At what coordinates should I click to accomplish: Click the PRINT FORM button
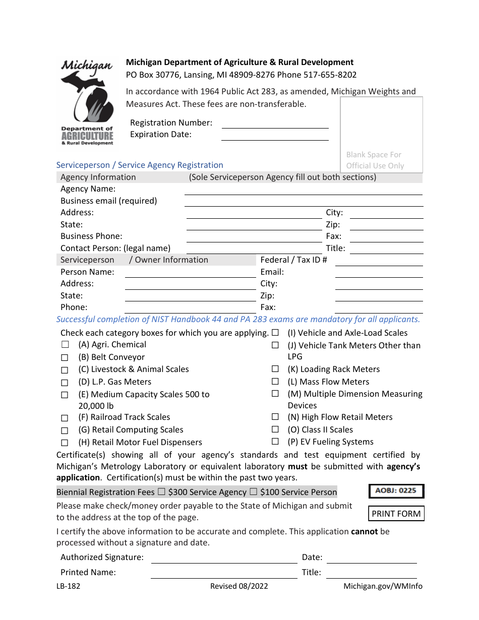[396, 514]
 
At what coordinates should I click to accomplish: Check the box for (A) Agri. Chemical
[65, 345]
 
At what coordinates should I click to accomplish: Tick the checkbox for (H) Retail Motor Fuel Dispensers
[65, 443]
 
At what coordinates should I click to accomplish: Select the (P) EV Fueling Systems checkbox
[275, 442]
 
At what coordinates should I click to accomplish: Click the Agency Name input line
[303, 190]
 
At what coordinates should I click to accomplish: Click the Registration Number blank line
[275, 123]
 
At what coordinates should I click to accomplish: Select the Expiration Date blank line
[275, 135]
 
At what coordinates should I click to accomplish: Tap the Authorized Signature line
[224, 558]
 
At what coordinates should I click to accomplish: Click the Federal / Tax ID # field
[379, 261]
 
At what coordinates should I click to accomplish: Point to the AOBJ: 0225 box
[396, 490]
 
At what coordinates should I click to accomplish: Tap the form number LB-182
[68, 586]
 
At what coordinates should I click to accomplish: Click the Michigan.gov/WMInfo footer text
[383, 586]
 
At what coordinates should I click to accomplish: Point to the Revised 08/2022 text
[239, 586]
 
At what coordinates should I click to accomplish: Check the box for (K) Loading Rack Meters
[275, 369]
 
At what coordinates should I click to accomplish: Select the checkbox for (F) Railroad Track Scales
[65, 418]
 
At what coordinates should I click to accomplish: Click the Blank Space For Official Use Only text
[375, 160]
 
